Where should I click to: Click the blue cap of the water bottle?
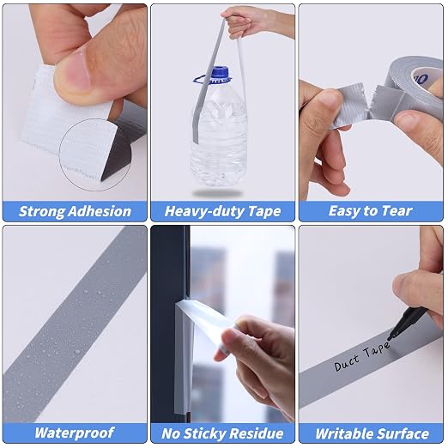pyautogui.click(x=220, y=74)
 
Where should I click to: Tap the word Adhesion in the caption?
pyautogui.click(x=100, y=211)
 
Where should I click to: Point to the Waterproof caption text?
pyautogui.click(x=75, y=433)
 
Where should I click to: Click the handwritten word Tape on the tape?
pyautogui.click(x=376, y=349)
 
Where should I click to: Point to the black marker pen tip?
pyautogui.click(x=390, y=338)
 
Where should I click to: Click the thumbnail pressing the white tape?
pyautogui.click(x=73, y=75)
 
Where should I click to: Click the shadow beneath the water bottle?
pyautogui.click(x=217, y=194)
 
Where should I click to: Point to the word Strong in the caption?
pyautogui.click(x=42, y=212)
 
